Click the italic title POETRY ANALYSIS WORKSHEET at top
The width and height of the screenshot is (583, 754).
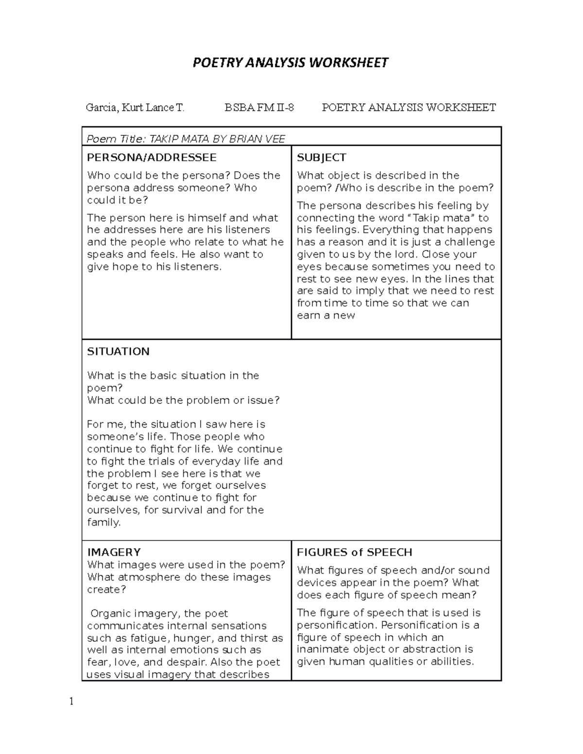coord(291,63)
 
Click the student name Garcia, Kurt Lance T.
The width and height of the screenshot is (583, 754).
coord(135,107)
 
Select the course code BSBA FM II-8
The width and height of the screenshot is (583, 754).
coord(259,107)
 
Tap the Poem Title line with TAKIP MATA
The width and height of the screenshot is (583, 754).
coord(186,139)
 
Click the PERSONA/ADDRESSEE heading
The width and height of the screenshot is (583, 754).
coord(152,157)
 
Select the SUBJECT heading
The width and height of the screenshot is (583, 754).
coord(321,157)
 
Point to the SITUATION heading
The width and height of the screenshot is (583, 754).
coord(118,352)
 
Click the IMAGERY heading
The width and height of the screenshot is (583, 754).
coord(114,552)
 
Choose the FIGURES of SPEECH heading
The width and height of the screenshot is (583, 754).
coord(354,552)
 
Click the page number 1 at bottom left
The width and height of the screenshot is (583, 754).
coord(71,701)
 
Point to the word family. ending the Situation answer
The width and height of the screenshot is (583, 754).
coord(103,522)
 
